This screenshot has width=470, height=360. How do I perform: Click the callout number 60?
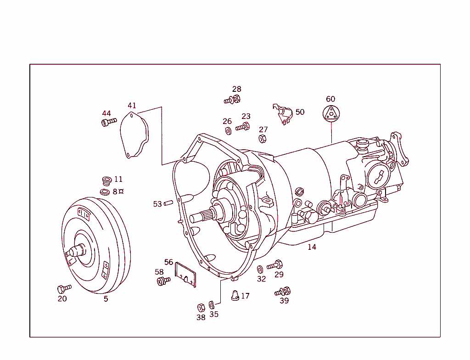(x=330, y=99)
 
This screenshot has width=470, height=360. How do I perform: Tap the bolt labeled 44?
(x=108, y=122)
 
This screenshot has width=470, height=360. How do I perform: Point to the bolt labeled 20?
(x=64, y=288)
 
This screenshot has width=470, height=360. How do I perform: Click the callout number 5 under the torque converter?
(x=106, y=299)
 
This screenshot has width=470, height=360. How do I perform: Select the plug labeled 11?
(x=106, y=180)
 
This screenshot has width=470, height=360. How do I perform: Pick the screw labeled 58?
(x=163, y=281)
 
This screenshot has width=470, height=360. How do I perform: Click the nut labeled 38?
(x=201, y=307)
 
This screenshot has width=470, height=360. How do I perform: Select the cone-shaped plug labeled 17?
(x=235, y=295)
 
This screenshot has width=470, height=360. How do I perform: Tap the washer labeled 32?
(x=260, y=269)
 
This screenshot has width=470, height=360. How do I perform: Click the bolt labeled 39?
(x=283, y=291)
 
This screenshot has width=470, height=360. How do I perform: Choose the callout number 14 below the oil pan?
(x=312, y=247)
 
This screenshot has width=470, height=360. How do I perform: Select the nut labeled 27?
(x=263, y=138)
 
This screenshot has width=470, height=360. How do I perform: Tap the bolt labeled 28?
(x=233, y=99)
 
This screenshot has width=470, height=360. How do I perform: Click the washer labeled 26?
(x=228, y=130)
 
